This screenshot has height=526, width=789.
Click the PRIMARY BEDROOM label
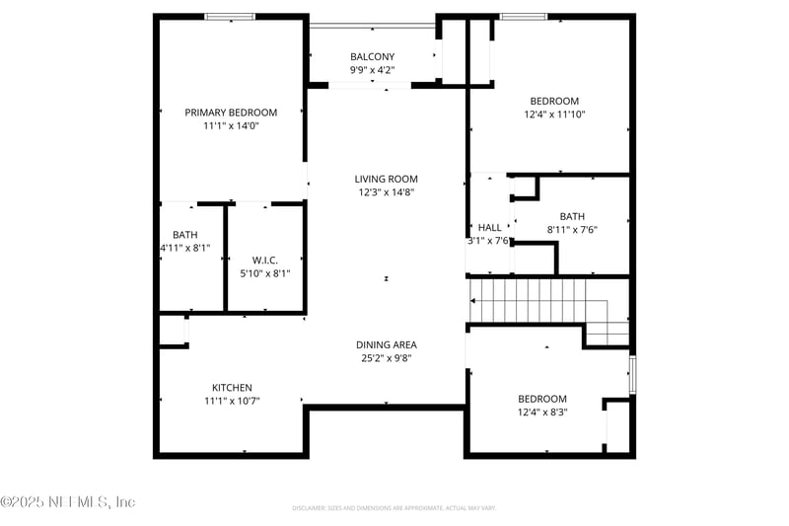tap(231, 113)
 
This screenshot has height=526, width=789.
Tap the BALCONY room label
tap(372, 56)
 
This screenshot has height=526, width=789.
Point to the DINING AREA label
tap(387, 344)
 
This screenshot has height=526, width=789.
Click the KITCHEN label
tap(232, 387)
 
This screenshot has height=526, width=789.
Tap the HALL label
tap(489, 226)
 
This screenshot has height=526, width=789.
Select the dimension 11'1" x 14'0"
tap(231, 126)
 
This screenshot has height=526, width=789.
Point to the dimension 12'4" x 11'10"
tap(554, 114)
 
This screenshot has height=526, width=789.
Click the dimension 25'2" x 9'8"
tap(387, 358)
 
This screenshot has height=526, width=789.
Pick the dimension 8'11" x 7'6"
tap(572, 229)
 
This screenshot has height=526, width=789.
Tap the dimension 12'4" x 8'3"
tap(542, 412)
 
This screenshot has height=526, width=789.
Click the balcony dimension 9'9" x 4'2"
tap(372, 70)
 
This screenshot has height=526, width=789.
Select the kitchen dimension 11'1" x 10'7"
tap(232, 401)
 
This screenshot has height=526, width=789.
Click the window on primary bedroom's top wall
tap(230, 17)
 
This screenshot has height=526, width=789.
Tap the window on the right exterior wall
tap(632, 376)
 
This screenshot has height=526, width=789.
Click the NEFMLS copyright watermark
tap(67, 502)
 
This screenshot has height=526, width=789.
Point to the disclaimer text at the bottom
tap(394, 508)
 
